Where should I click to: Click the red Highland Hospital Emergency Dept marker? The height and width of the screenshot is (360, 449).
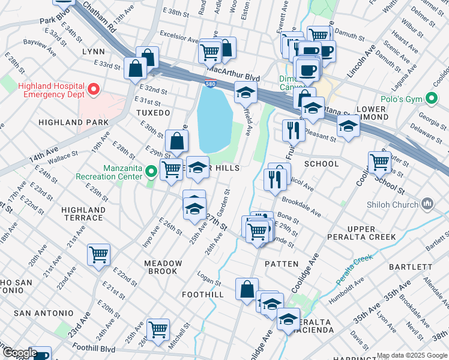[93, 90]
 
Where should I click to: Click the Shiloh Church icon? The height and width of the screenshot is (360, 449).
[427, 205]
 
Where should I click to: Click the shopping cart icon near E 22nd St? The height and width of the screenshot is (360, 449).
[98, 254]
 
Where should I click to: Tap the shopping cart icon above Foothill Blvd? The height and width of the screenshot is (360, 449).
[158, 329]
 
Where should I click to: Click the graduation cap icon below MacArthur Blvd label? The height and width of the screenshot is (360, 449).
[246, 92]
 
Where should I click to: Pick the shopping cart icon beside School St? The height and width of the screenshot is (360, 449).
[379, 161]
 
